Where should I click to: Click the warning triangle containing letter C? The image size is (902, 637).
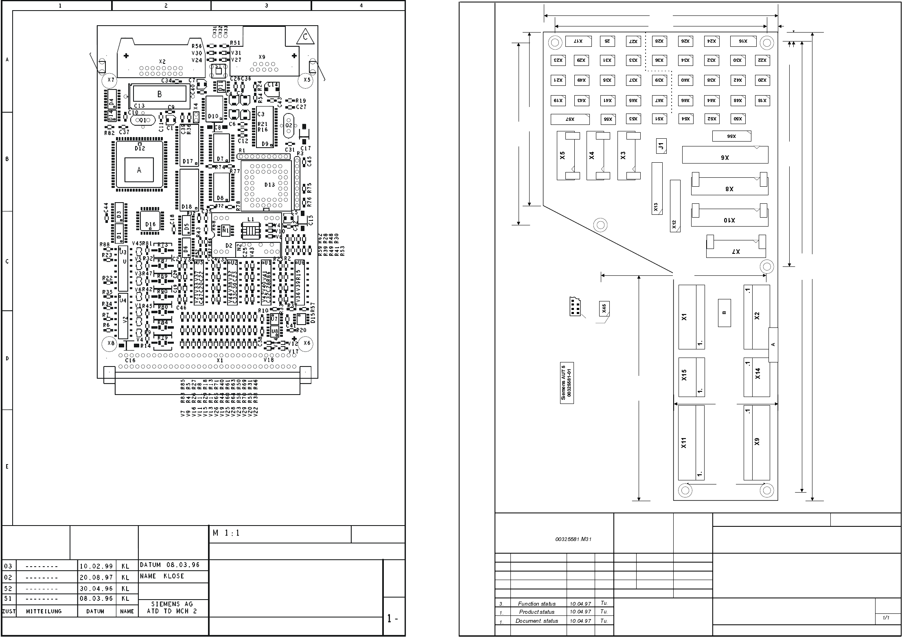click(x=305, y=37)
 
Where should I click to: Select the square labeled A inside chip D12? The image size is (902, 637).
click(x=139, y=170)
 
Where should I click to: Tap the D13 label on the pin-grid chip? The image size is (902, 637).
click(x=269, y=185)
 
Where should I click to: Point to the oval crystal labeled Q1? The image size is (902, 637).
click(x=143, y=120)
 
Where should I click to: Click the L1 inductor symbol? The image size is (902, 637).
click(x=250, y=230)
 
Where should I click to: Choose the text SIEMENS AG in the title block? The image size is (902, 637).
click(x=172, y=604)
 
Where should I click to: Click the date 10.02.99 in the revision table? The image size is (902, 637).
click(x=96, y=566)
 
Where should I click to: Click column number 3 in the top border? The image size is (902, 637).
click(x=266, y=6)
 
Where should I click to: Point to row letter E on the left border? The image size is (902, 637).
click(x=7, y=467)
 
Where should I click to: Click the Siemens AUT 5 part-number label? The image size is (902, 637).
click(x=567, y=382)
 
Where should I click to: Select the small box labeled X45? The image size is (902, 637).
click(x=604, y=309)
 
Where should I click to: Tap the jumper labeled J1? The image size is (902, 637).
click(x=661, y=146)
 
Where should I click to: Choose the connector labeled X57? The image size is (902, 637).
click(x=570, y=119)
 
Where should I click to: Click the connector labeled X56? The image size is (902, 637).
click(x=731, y=136)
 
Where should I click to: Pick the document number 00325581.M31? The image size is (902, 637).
click(x=573, y=539)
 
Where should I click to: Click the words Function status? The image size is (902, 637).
click(x=536, y=604)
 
